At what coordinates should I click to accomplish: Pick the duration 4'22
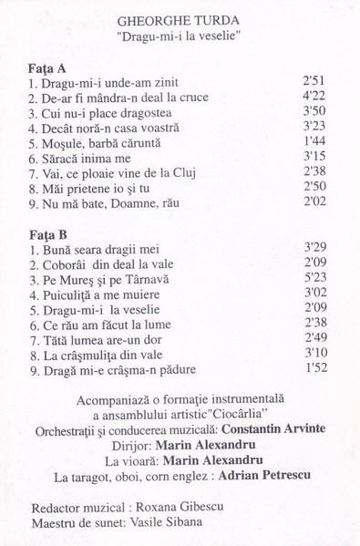coord(314,97)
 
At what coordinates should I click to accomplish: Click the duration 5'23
coord(314,277)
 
